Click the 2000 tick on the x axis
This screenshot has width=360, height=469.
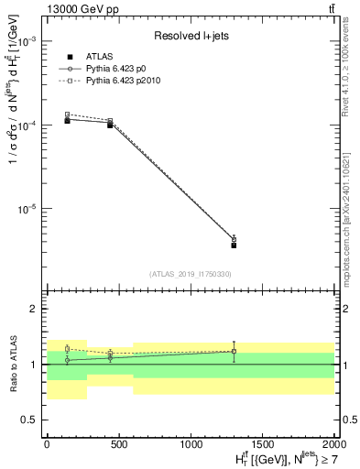[333, 442]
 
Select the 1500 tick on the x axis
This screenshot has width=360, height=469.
[261, 442]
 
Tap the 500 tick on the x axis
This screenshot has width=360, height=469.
[118, 442]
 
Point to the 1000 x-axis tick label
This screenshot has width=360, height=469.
[190, 442]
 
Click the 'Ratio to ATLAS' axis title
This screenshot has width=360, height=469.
[10, 365]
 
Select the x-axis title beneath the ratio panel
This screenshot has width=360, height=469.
[274, 457]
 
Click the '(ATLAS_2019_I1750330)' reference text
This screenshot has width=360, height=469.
[190, 273]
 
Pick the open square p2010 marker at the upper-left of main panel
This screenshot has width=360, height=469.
[68, 115]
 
